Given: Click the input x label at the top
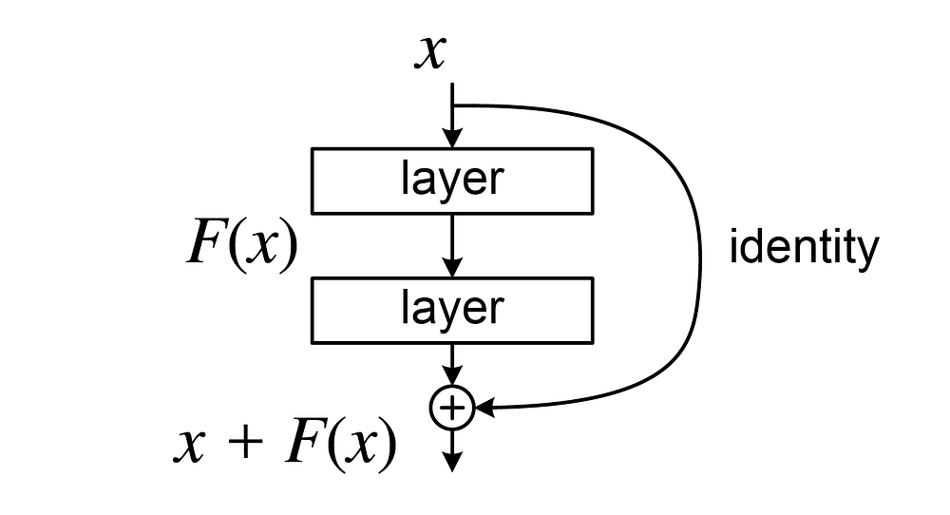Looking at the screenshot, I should pyautogui.click(x=429, y=53).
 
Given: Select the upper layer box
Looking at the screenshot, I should pyautogui.click(x=452, y=181).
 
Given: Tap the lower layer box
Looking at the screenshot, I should pyautogui.click(x=452, y=309).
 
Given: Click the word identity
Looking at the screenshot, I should pyautogui.click(x=803, y=248).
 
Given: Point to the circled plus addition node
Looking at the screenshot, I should pyautogui.click(x=452, y=408).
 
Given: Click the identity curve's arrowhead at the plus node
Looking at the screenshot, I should pyautogui.click(x=484, y=409).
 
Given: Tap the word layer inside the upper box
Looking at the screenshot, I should pyautogui.click(x=452, y=181).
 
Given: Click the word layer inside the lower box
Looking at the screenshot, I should pyautogui.click(x=452, y=309).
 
